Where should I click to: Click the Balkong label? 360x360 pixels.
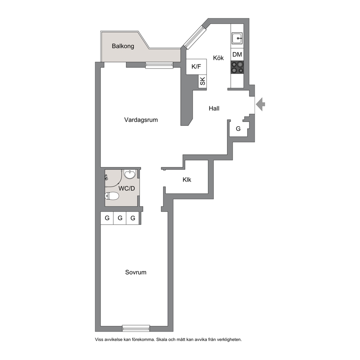pyautogui.click(x=123, y=46)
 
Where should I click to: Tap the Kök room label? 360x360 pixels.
pyautogui.click(x=218, y=58)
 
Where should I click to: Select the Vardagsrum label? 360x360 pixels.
pyautogui.click(x=141, y=120)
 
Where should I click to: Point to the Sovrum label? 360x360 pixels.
pyautogui.click(x=136, y=272)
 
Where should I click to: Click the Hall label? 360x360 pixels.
pyautogui.click(x=214, y=109)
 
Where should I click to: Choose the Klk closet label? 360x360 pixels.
pyautogui.click(x=187, y=180)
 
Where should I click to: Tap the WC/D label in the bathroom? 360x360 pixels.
pyautogui.click(x=127, y=188)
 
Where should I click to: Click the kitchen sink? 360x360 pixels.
pyautogui.click(x=237, y=38)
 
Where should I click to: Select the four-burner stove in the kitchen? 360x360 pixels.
pyautogui.click(x=237, y=67)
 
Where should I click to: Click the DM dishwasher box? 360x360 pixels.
pyautogui.click(x=237, y=55)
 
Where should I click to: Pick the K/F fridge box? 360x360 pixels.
pyautogui.click(x=196, y=66)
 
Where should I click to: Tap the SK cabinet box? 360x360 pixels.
pyautogui.click(x=202, y=81)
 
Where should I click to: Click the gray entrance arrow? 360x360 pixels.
pyautogui.click(x=261, y=104)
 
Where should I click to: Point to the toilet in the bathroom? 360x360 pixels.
pyautogui.click(x=112, y=196)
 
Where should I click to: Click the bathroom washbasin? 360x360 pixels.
pyautogui.click(x=130, y=174)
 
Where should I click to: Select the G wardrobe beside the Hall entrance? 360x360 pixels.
pyautogui.click(x=238, y=129)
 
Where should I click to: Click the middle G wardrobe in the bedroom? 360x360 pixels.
pyautogui.click(x=120, y=218)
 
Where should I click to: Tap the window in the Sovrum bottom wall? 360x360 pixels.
pyautogui.click(x=136, y=328)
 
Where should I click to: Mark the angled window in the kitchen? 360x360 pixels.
pyautogui.click(x=194, y=37)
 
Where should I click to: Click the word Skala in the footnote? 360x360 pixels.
pyautogui.click(x=161, y=340)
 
